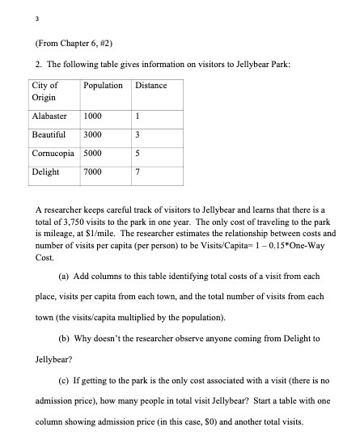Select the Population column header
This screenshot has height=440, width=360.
(x=103, y=85)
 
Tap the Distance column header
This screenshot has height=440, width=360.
(x=150, y=85)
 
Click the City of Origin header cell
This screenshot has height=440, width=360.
(x=44, y=91)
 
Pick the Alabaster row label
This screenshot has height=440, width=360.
(x=49, y=115)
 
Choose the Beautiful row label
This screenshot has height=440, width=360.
(x=48, y=134)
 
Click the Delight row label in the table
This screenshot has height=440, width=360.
(x=44, y=172)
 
